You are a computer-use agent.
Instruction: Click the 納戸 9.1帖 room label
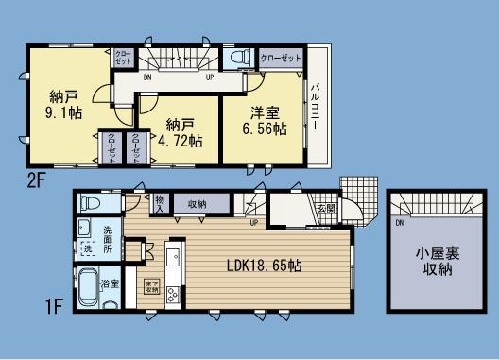(x=65, y=103)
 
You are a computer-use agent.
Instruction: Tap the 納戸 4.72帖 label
(x=182, y=133)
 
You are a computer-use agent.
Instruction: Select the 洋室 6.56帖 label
(x=265, y=121)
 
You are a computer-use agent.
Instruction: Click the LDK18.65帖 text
(x=265, y=266)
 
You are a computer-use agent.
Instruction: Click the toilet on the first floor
(x=90, y=204)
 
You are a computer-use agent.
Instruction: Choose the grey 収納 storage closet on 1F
(x=198, y=204)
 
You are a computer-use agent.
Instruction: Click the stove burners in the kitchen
(x=175, y=294)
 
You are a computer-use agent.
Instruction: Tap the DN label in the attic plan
(x=399, y=223)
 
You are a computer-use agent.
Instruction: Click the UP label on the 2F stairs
(x=208, y=78)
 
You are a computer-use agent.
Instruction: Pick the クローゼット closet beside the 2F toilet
(x=280, y=58)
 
